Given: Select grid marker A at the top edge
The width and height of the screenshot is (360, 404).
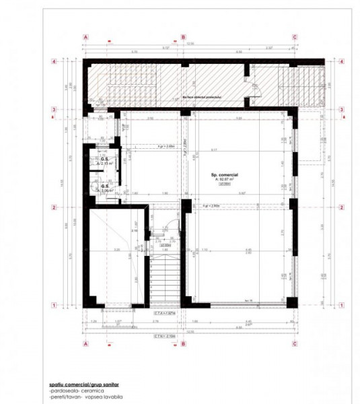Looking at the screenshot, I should click(x=85, y=38).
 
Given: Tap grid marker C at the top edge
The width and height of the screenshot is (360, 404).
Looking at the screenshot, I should click(x=294, y=38).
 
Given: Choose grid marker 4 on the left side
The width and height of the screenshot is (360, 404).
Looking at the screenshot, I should click(x=52, y=61).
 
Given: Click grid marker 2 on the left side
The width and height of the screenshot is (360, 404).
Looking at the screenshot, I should click(x=52, y=207).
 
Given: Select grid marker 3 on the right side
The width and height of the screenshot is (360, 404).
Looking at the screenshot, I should click(x=343, y=110).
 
